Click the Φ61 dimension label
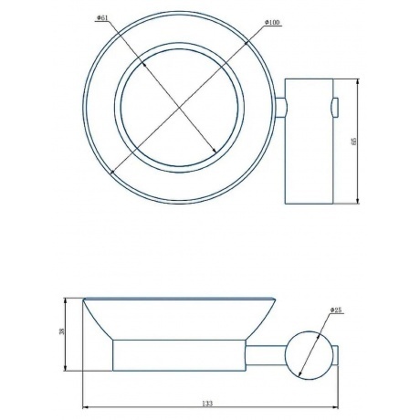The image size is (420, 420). (102, 18)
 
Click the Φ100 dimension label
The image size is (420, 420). (272, 23)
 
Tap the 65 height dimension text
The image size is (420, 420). (353, 142)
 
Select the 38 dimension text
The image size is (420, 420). (62, 331)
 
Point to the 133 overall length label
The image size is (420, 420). (207, 404)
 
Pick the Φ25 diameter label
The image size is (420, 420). (336, 310)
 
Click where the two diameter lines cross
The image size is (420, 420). (179, 107)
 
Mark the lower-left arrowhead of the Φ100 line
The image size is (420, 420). (112, 173)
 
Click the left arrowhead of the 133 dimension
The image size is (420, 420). (85, 407)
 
